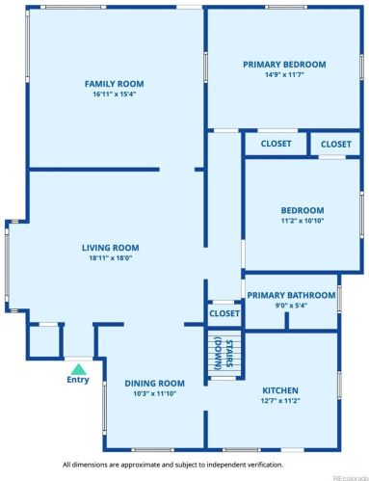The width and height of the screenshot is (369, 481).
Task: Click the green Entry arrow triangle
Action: pyautogui.click(x=78, y=369)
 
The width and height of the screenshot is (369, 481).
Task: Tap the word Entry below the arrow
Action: pyautogui.click(x=78, y=380)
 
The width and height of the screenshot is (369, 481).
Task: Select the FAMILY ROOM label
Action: pyautogui.click(x=115, y=84)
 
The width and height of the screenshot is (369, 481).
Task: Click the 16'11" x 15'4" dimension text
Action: pyautogui.click(x=115, y=94)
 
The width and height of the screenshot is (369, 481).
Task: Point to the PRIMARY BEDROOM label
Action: pyautogui.click(x=284, y=65)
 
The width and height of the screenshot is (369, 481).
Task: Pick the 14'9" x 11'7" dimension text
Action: pyautogui.click(x=284, y=75)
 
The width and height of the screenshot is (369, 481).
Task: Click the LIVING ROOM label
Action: pyautogui.click(x=111, y=248)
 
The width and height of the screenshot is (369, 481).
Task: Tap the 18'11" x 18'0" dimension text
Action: pyautogui.click(x=111, y=258)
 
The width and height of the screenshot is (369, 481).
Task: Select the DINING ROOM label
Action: pyautogui.click(x=154, y=384)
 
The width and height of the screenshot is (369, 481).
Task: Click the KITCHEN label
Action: pyautogui.click(x=280, y=390)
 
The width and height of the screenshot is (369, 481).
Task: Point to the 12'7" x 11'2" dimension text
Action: pyautogui.click(x=280, y=401)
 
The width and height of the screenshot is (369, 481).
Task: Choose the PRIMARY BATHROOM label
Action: pyautogui.click(x=291, y=295)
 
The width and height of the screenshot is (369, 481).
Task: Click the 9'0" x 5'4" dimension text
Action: pyautogui.click(x=291, y=306)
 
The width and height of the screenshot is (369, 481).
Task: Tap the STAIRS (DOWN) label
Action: pyautogui.click(x=224, y=354)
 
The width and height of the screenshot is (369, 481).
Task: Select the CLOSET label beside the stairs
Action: pyautogui.click(x=224, y=313)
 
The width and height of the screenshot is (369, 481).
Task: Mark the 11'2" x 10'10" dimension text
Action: pyautogui.click(x=303, y=221)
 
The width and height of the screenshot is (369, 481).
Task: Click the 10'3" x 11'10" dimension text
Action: pyautogui.click(x=155, y=393)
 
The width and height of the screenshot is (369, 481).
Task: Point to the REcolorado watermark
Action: pyautogui.click(x=351, y=477)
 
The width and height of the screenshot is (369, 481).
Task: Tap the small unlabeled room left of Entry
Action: pyautogui.click(x=44, y=341)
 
